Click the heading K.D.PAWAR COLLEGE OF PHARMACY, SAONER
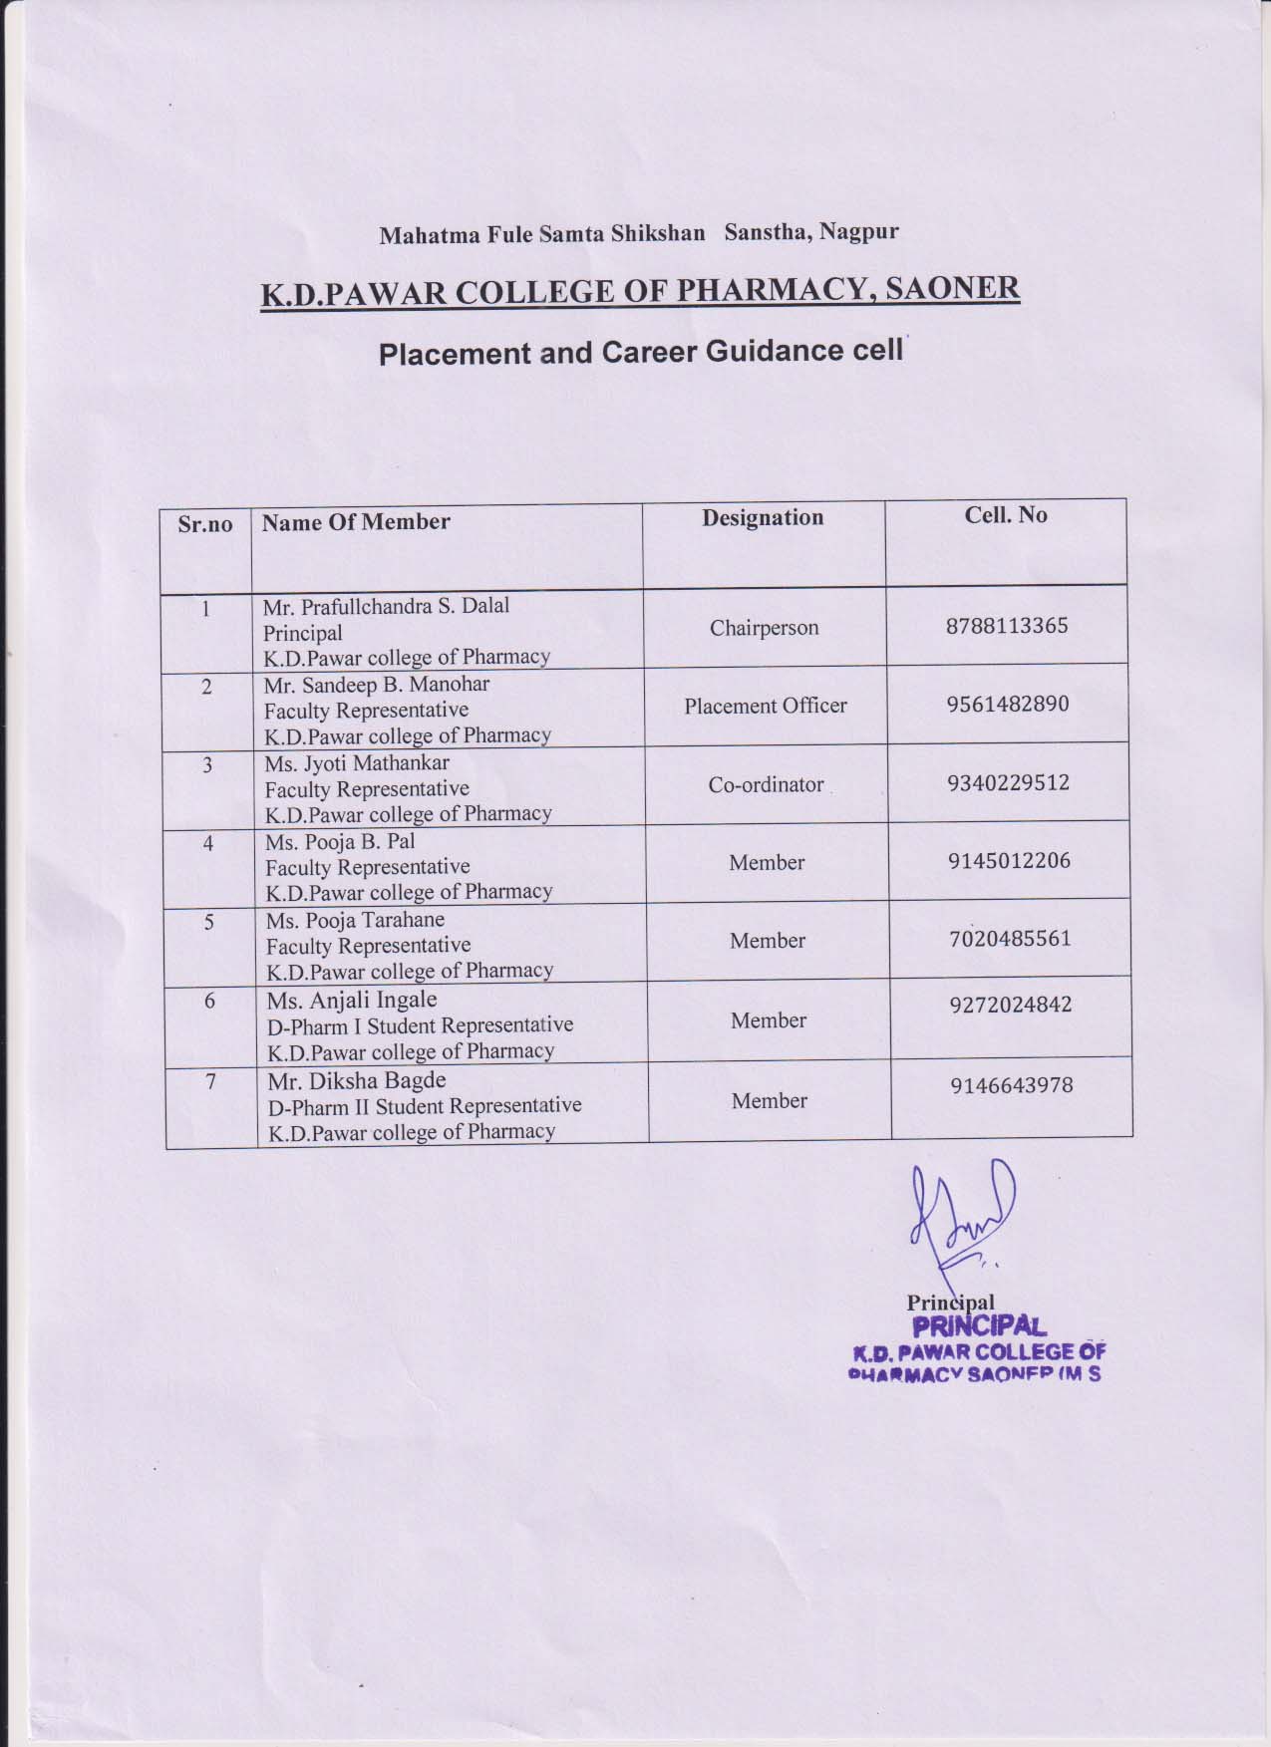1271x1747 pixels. [640, 291]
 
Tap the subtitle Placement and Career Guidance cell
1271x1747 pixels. [641, 353]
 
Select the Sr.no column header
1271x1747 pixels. [205, 524]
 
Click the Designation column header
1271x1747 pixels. [763, 517]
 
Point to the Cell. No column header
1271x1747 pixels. [1005, 514]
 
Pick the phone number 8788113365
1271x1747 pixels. [1007, 626]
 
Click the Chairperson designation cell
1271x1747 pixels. [765, 628]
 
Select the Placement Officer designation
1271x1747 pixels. [766, 706]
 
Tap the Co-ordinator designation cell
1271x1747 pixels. [767, 784]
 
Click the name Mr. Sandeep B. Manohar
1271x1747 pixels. [377, 685]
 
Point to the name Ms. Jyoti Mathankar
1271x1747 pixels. [357, 763]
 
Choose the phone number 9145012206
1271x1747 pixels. [1009, 860]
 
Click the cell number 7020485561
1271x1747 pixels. [1010, 938]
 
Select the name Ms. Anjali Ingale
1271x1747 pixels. [352, 1000]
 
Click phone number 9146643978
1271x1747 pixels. [1012, 1085]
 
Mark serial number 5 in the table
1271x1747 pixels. [209, 922]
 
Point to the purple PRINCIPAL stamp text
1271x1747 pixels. [979, 1326]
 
